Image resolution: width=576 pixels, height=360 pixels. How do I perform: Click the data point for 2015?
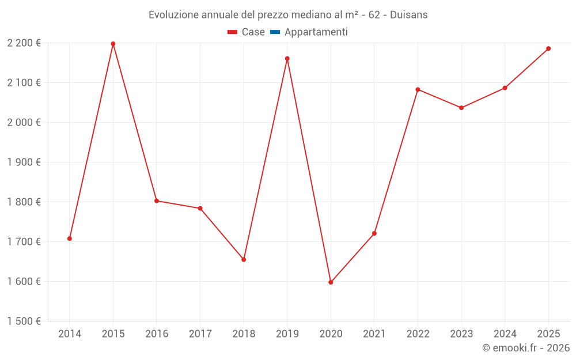[x=113, y=44]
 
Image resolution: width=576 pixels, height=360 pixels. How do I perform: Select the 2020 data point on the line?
[x=331, y=282]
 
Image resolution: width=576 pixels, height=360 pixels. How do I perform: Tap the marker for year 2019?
[x=287, y=58]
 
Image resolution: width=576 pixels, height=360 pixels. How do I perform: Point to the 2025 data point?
[x=548, y=48]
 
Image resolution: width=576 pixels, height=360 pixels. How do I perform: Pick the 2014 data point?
[x=70, y=238]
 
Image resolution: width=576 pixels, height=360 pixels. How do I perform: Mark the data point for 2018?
[x=244, y=260]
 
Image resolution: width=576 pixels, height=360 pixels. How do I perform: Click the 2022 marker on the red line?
[x=418, y=89]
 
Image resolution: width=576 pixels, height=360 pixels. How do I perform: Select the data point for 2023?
[x=461, y=108]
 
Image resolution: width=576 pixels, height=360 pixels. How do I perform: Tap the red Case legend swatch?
[x=232, y=32]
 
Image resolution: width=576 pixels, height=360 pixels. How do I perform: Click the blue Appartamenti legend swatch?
[x=275, y=32]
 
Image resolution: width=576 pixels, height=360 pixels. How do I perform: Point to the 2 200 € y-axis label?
[x=24, y=43]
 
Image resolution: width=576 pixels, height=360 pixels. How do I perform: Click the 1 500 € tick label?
[x=24, y=321]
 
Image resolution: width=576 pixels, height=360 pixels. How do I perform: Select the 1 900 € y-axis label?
[x=24, y=162]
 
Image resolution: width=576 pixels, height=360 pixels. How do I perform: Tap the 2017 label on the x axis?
[x=200, y=334]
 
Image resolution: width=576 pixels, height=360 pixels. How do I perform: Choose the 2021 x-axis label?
[x=374, y=334]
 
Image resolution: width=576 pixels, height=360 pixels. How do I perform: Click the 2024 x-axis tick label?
[x=505, y=334]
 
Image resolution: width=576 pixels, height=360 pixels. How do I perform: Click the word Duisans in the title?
[x=409, y=15]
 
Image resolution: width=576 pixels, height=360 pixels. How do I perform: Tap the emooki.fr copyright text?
[x=526, y=347]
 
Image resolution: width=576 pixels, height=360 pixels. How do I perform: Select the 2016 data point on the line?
[x=157, y=200]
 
